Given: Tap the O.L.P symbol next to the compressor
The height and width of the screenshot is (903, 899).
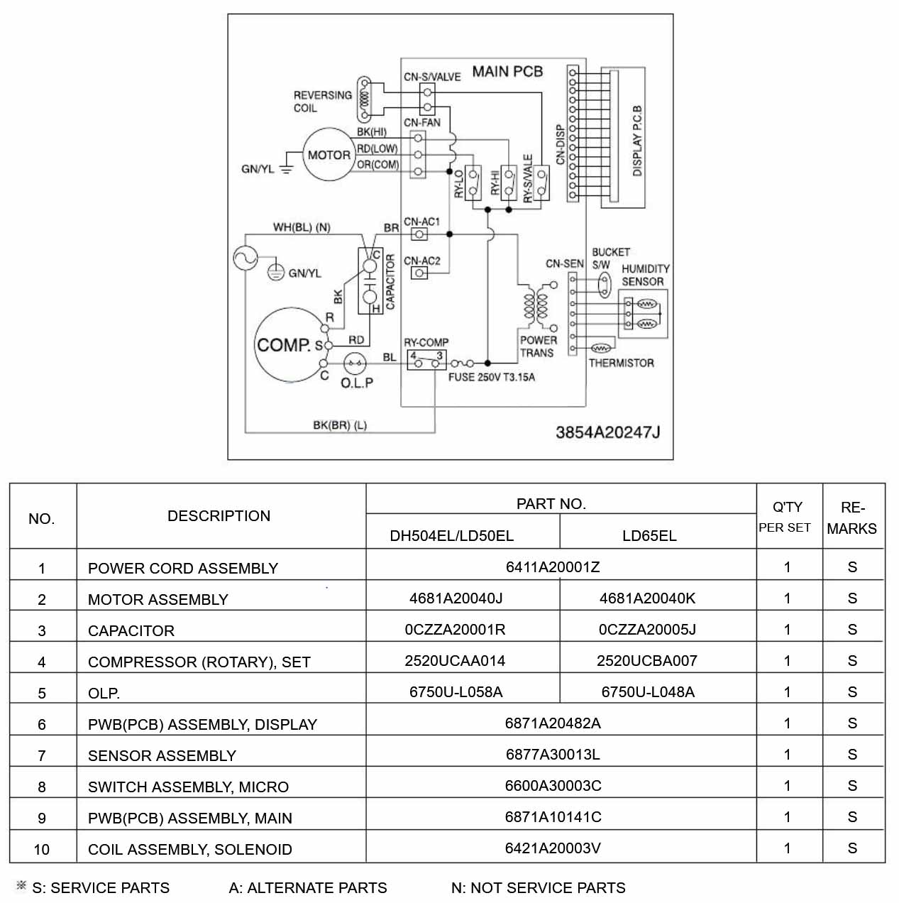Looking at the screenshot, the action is (355, 363).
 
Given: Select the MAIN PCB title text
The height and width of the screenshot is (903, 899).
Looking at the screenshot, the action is (507, 72).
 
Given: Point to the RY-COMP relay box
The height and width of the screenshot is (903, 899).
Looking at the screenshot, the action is (426, 360).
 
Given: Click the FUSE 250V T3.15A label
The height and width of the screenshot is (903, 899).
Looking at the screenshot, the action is (492, 377).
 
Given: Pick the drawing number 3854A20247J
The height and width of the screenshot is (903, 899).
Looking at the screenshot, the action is (607, 432).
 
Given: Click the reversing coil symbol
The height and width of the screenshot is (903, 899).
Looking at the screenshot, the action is (364, 99).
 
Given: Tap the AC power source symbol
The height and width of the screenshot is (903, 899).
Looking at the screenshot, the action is (246, 258).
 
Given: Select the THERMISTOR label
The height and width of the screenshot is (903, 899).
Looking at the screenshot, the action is (621, 363).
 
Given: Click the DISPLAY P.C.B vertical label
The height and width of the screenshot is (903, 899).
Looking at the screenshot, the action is (637, 141).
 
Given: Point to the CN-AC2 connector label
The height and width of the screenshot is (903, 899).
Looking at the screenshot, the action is (422, 261).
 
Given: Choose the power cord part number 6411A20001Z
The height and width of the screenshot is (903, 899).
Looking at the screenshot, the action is (552, 567).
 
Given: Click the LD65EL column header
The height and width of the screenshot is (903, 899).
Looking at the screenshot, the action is (649, 535).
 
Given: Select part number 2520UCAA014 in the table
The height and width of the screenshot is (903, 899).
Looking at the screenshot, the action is (455, 661).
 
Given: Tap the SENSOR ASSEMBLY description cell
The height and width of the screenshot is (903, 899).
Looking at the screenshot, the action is (162, 756).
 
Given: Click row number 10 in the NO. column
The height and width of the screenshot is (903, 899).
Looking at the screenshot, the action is (42, 850).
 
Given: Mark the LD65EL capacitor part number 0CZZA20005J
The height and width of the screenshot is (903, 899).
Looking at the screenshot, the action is (647, 630).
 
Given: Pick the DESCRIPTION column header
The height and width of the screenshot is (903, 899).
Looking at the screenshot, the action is (219, 516).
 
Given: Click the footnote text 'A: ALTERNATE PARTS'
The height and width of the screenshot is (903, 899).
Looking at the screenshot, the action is (308, 888).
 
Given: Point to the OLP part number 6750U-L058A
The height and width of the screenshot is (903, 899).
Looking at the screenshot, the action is (456, 691).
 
